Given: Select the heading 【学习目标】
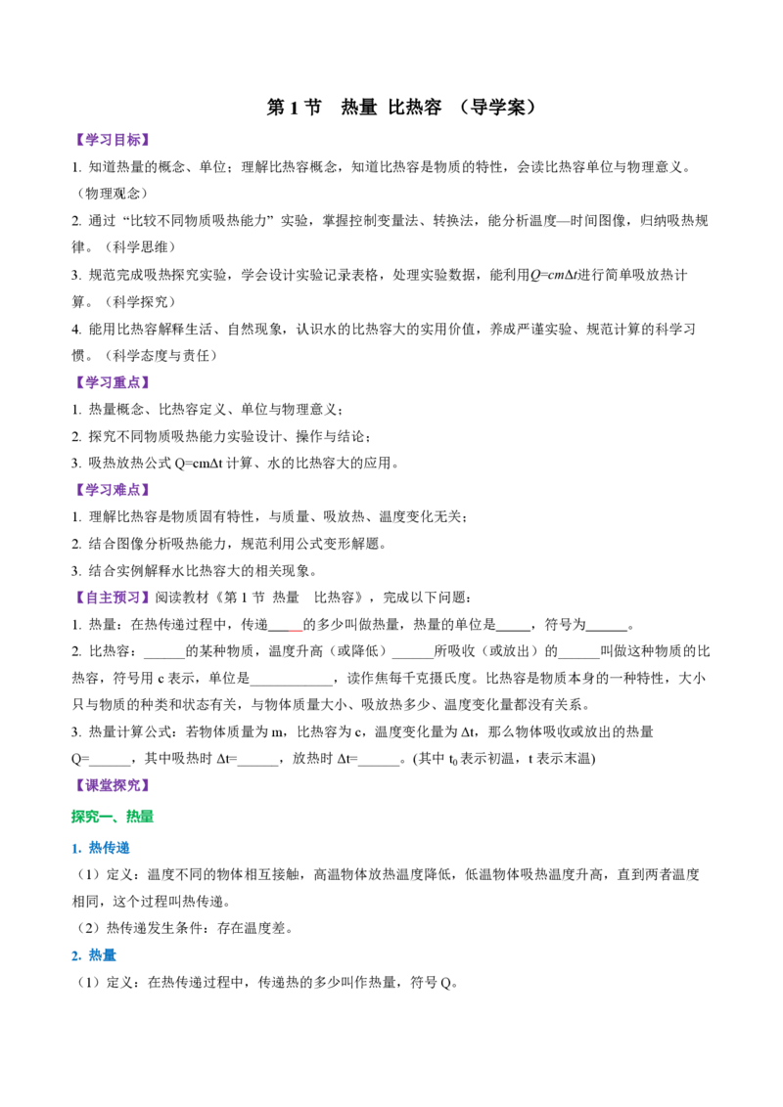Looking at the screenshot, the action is pos(113,140).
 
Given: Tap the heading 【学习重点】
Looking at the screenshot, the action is pos(113,382).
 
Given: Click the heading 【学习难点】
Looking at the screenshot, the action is pos(113,490).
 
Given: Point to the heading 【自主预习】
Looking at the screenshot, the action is pos(113,598).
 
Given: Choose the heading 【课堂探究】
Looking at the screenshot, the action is pos(113,785).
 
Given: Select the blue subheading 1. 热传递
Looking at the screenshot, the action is pos(101,848).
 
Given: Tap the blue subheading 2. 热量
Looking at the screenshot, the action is pos(94,955).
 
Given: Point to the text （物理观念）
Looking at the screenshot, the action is pos(113,194).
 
